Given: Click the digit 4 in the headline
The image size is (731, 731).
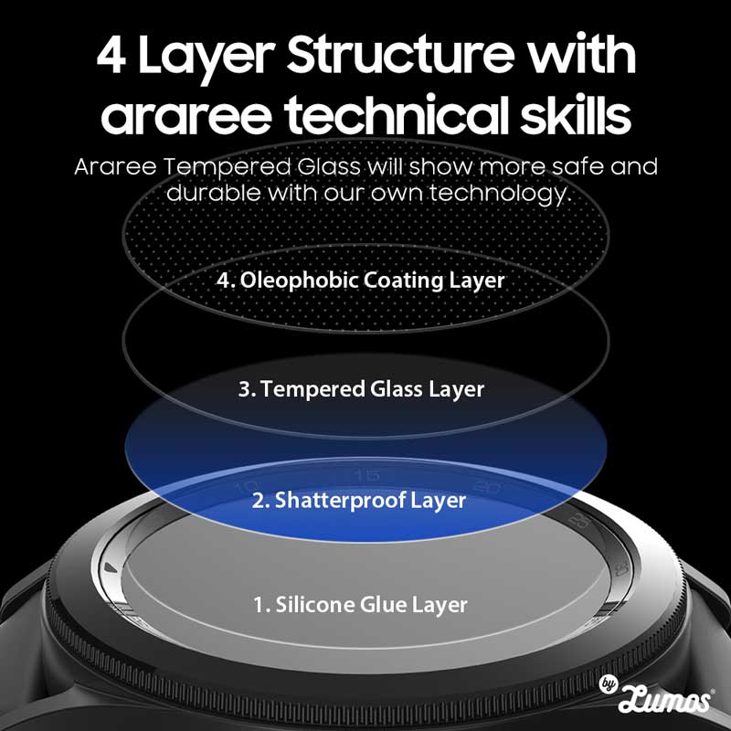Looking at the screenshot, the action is [111, 56].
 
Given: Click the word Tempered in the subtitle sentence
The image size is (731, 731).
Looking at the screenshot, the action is [227, 167].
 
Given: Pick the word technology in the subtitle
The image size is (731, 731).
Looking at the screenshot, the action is [500, 193].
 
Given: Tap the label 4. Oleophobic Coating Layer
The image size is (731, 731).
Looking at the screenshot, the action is [360, 281].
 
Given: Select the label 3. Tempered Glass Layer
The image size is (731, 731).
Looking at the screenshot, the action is [361, 390].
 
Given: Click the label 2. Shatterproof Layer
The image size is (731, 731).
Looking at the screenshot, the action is [358, 501].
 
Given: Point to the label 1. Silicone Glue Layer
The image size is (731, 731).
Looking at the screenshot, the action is [360, 605].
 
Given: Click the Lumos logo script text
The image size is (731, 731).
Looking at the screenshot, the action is [664, 699].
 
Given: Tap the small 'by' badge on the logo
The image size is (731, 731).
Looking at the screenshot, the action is [608, 683].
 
